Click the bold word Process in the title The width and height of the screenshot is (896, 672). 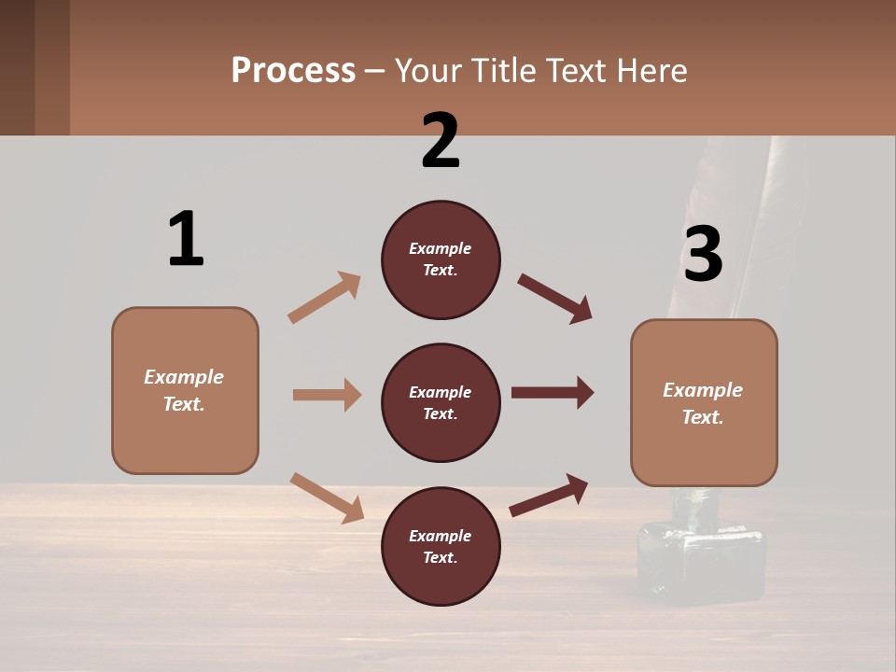[293, 71]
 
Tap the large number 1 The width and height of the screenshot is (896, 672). [186, 239]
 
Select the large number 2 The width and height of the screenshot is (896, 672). [441, 142]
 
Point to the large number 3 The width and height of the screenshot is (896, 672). [703, 254]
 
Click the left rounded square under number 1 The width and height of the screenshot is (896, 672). [185, 390]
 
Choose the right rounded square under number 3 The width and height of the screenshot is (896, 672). [704, 403]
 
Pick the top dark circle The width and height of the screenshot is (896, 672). [441, 259]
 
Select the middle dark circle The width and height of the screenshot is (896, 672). [441, 403]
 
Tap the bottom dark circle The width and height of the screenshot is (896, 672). [441, 547]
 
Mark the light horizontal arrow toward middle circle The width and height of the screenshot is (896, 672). [327, 395]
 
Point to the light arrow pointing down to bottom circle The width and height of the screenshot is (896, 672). [327, 497]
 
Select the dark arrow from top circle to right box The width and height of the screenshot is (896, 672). [555, 298]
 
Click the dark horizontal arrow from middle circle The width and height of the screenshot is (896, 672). [553, 393]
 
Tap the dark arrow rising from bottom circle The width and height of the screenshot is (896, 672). [549, 495]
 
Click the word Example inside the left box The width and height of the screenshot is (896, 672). [184, 377]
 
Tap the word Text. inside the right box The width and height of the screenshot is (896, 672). [703, 417]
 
